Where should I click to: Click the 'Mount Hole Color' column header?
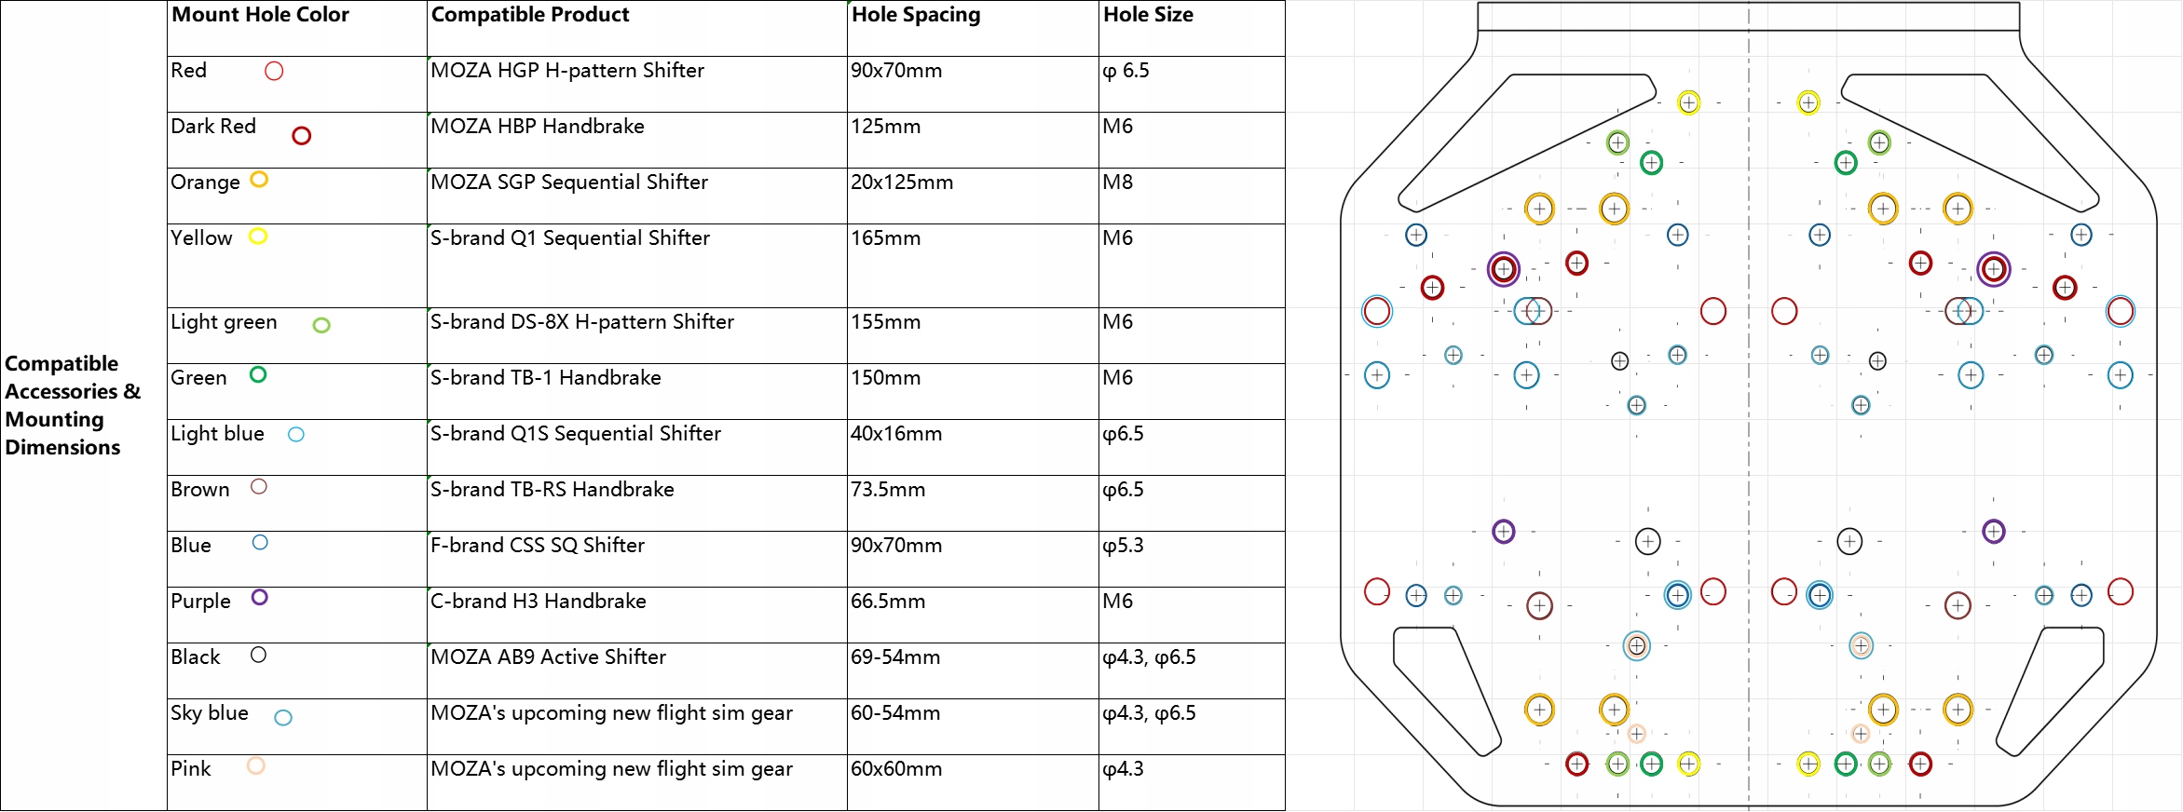pos(260,15)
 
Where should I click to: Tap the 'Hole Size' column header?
pos(1148,15)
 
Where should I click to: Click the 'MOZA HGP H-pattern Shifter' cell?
pos(567,71)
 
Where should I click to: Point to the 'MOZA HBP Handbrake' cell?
pos(538,127)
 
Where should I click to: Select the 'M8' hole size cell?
pos(1117,183)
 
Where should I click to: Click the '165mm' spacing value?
pos(885,238)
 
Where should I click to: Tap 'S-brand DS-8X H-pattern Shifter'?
pos(582,322)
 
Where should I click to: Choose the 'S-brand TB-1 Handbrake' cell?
pos(546,378)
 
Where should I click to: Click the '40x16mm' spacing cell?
pos(895,434)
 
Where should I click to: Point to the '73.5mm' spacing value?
pos(887,490)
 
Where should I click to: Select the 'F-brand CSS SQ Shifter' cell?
pos(538,546)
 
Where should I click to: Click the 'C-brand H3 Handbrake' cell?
pos(539,602)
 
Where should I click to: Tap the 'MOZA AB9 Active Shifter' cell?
pos(548,657)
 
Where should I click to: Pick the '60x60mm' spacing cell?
pos(895,769)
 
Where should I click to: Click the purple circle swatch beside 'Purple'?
pos(260,598)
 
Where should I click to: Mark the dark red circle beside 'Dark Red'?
pos(301,136)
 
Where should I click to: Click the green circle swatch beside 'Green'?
pos(258,374)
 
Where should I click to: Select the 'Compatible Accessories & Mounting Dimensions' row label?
pos(73,405)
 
